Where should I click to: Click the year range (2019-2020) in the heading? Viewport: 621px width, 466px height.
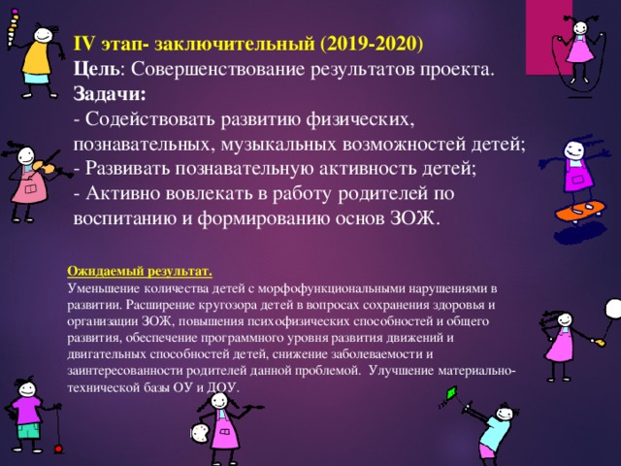pos(372,44)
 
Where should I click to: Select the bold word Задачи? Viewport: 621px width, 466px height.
pos(109,94)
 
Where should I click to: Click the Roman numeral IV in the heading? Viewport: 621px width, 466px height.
pos(85,44)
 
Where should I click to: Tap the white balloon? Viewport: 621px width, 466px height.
pos(613,309)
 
